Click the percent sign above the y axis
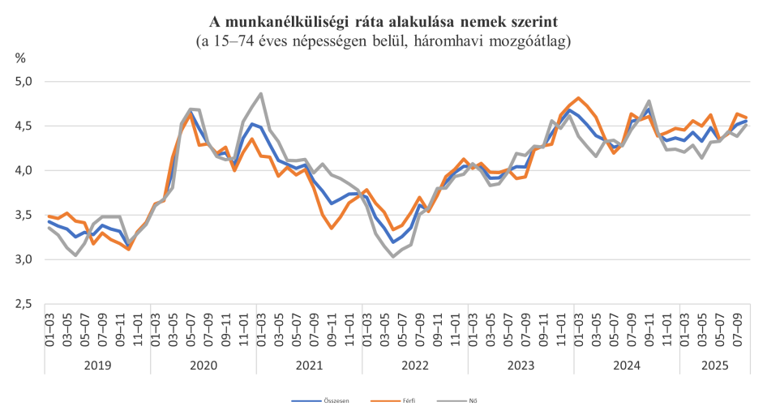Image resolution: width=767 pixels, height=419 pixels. [20, 58]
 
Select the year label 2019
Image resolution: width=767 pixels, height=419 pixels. [97, 366]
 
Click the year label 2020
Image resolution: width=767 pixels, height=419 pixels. [204, 366]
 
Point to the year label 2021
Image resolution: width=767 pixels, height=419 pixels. [309, 366]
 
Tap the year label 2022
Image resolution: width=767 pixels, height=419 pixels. [415, 366]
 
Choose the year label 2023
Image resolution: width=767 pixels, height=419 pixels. [521, 366]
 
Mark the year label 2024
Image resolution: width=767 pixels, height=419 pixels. [627, 366]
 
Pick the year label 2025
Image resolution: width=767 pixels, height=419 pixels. [713, 366]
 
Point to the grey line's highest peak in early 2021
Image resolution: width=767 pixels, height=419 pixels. [260, 93]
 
